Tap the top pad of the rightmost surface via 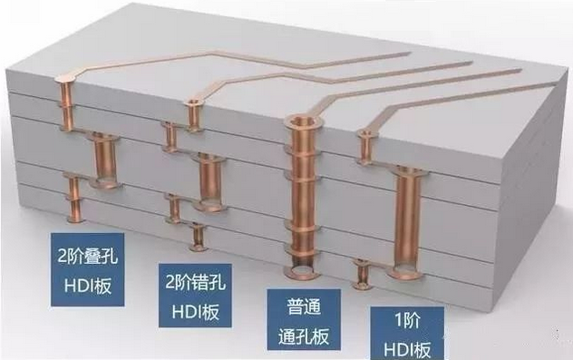[364, 136]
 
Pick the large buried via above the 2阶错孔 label [209, 179]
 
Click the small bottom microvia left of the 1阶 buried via [363, 272]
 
